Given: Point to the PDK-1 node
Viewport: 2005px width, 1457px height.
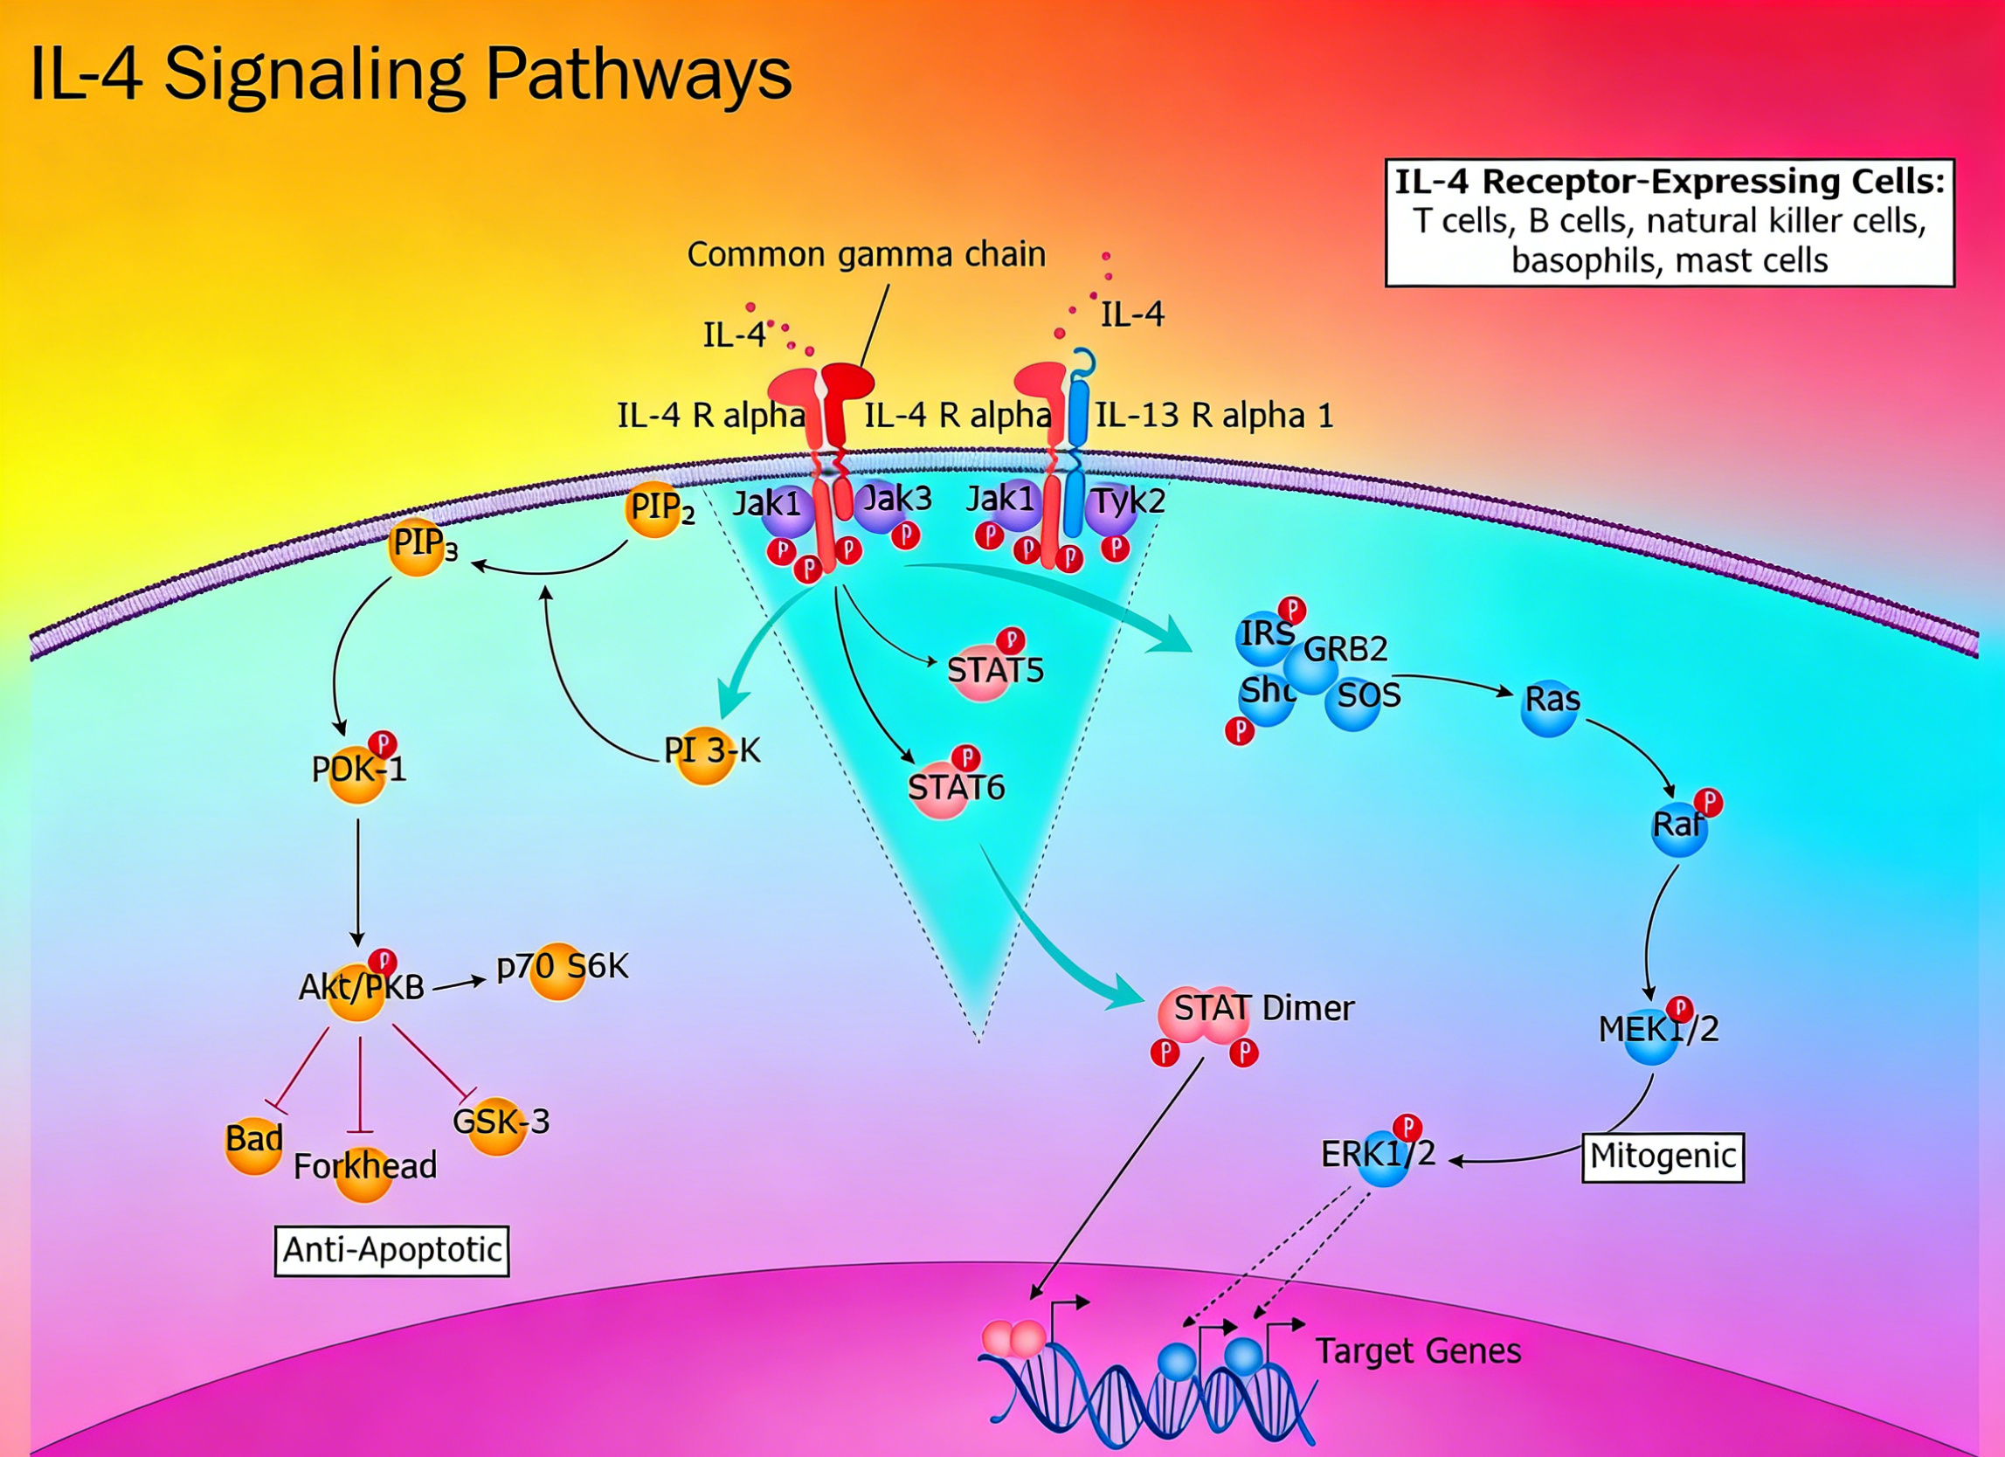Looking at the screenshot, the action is [357, 774].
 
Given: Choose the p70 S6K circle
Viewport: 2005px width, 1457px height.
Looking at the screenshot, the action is [558, 970].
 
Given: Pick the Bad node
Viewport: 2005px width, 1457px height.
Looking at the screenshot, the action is [254, 1144].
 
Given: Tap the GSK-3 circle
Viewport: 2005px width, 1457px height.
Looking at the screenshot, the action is [498, 1125].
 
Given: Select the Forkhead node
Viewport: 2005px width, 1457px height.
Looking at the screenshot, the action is [363, 1172].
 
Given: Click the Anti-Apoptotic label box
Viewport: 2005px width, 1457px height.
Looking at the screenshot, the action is [392, 1250].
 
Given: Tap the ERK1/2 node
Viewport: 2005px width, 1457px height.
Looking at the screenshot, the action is [1382, 1158].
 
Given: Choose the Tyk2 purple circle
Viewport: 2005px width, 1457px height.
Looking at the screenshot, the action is [1110, 509].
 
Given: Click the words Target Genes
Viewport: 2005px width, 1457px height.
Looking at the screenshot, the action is [1419, 1351].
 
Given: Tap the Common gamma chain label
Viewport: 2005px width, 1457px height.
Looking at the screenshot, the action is [867, 254].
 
